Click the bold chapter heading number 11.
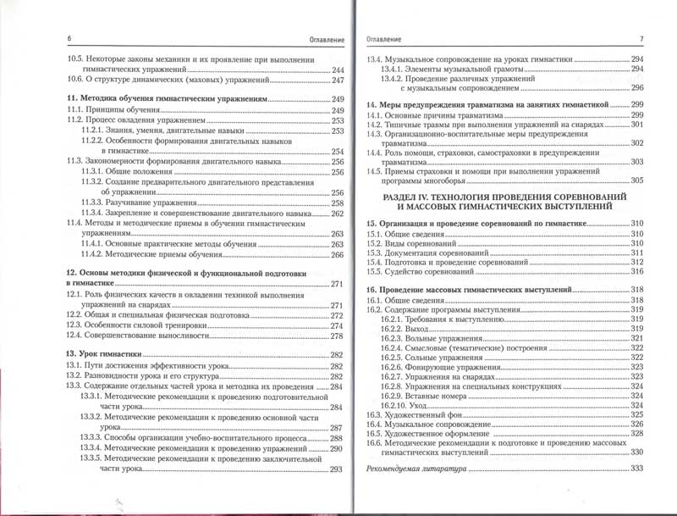click(x=71, y=100)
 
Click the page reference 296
click(x=637, y=88)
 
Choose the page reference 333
click(x=637, y=469)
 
